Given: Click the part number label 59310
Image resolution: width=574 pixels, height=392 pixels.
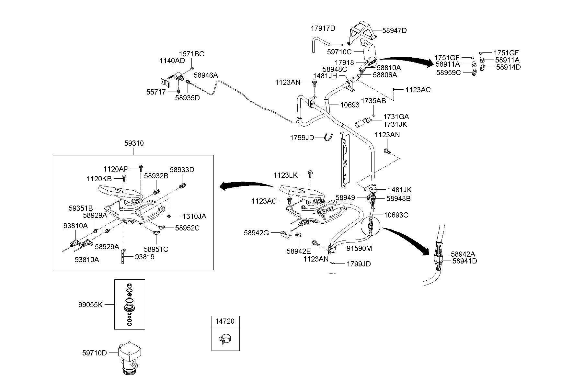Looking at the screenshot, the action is (x=134, y=143).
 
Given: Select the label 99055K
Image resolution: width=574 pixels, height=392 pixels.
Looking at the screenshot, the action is (x=90, y=305).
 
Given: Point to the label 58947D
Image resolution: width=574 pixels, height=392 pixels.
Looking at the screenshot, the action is (x=395, y=31).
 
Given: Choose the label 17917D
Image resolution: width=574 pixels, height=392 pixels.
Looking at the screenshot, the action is (x=323, y=28).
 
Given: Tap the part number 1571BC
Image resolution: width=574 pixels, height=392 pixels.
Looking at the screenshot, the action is (x=192, y=54).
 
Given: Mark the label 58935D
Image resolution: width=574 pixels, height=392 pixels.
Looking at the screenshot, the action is (x=188, y=97).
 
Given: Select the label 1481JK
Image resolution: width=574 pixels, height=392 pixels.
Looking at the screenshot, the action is (x=400, y=190).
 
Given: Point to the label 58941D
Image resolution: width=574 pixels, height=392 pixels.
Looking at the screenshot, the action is (x=465, y=261).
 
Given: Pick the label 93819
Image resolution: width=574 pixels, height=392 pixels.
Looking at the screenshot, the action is (x=145, y=257).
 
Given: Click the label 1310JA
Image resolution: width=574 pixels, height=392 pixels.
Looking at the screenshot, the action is (x=194, y=216).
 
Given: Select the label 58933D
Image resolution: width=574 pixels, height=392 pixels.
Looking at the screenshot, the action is (x=182, y=170).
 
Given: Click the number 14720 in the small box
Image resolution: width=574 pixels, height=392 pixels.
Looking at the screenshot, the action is (x=225, y=321).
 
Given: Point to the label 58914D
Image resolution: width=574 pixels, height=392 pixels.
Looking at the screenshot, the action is (x=508, y=67).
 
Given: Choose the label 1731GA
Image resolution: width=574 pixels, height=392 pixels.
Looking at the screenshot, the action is (x=396, y=117).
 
